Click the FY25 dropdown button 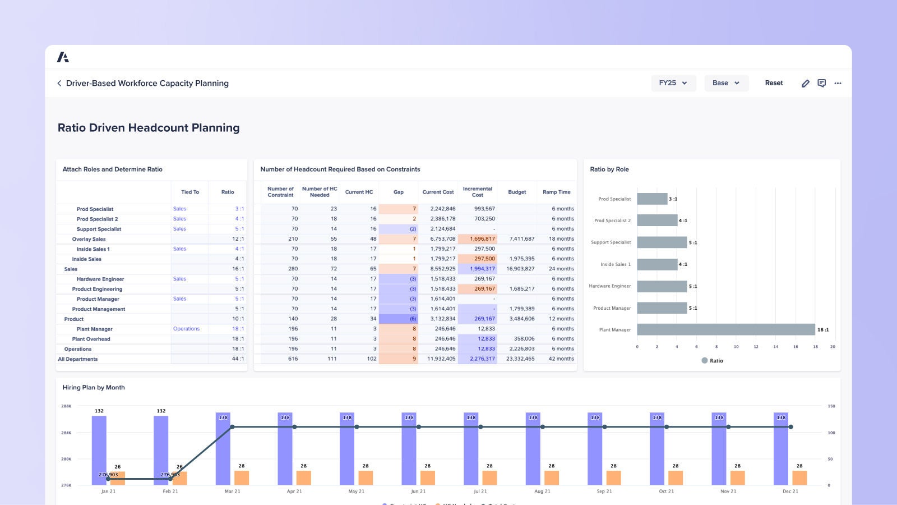point(673,83)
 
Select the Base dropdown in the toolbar point(726,83)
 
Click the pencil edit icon point(805,83)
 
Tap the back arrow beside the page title point(59,83)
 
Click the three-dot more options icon point(838,83)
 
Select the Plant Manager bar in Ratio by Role point(725,329)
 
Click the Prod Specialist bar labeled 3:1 point(652,199)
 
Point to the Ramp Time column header point(556,192)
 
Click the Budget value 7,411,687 point(521,238)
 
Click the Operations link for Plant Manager point(186,329)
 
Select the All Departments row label point(78,359)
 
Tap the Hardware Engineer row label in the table point(100,279)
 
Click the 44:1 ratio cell point(238,359)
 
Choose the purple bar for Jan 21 point(99,449)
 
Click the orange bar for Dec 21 point(799,478)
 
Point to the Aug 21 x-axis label point(542,491)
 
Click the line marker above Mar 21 point(232,427)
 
